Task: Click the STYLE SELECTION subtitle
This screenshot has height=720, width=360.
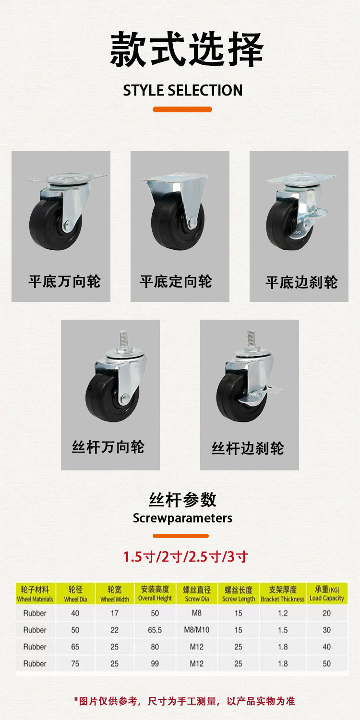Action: point(182,90)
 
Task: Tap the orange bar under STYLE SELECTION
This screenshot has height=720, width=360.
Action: point(182,109)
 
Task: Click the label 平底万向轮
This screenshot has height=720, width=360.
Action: point(64,281)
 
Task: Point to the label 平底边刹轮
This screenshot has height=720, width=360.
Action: point(301,282)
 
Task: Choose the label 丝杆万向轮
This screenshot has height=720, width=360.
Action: point(108,447)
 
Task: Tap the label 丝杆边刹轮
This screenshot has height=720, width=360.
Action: point(248,448)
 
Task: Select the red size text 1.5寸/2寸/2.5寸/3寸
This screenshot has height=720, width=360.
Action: point(185,557)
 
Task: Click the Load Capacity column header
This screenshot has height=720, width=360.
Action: point(327,594)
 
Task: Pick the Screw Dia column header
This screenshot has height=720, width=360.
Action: point(197,594)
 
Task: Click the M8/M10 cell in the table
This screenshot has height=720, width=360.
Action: point(197,630)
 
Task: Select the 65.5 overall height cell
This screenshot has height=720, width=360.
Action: point(155,630)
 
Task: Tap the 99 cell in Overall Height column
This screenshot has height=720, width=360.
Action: point(155,663)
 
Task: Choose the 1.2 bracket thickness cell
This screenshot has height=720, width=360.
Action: point(283,613)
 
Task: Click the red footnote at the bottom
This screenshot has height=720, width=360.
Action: point(184,701)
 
